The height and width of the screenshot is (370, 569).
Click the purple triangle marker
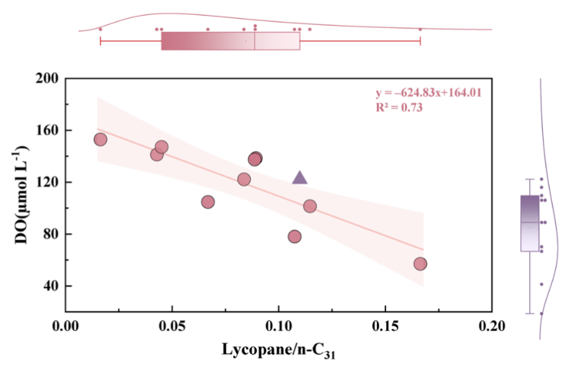(299, 178)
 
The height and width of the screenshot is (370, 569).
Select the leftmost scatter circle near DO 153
(100, 139)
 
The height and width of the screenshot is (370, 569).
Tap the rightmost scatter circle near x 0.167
(420, 264)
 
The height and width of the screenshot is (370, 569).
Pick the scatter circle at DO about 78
(295, 236)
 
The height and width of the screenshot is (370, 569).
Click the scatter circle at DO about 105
(208, 202)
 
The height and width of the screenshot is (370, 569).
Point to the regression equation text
(428, 92)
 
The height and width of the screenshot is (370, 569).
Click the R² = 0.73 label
(399, 107)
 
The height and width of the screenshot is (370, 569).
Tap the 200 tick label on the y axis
(47, 78)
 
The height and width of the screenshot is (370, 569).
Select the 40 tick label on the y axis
(51, 286)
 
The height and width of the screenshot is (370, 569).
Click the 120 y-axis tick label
(47, 182)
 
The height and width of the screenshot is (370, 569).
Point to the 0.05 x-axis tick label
(173, 326)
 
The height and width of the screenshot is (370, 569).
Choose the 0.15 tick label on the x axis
(385, 326)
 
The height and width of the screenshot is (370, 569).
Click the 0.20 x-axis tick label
(492, 326)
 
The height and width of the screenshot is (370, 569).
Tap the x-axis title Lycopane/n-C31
(279, 350)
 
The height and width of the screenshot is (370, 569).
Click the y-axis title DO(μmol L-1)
(21, 195)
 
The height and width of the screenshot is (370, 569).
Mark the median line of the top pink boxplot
(255, 41)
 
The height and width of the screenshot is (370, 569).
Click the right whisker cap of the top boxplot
(420, 41)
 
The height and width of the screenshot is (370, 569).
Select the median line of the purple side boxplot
(530, 222)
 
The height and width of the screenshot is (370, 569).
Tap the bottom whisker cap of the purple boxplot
(530, 313)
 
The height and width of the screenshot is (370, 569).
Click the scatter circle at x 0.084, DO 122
(244, 179)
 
